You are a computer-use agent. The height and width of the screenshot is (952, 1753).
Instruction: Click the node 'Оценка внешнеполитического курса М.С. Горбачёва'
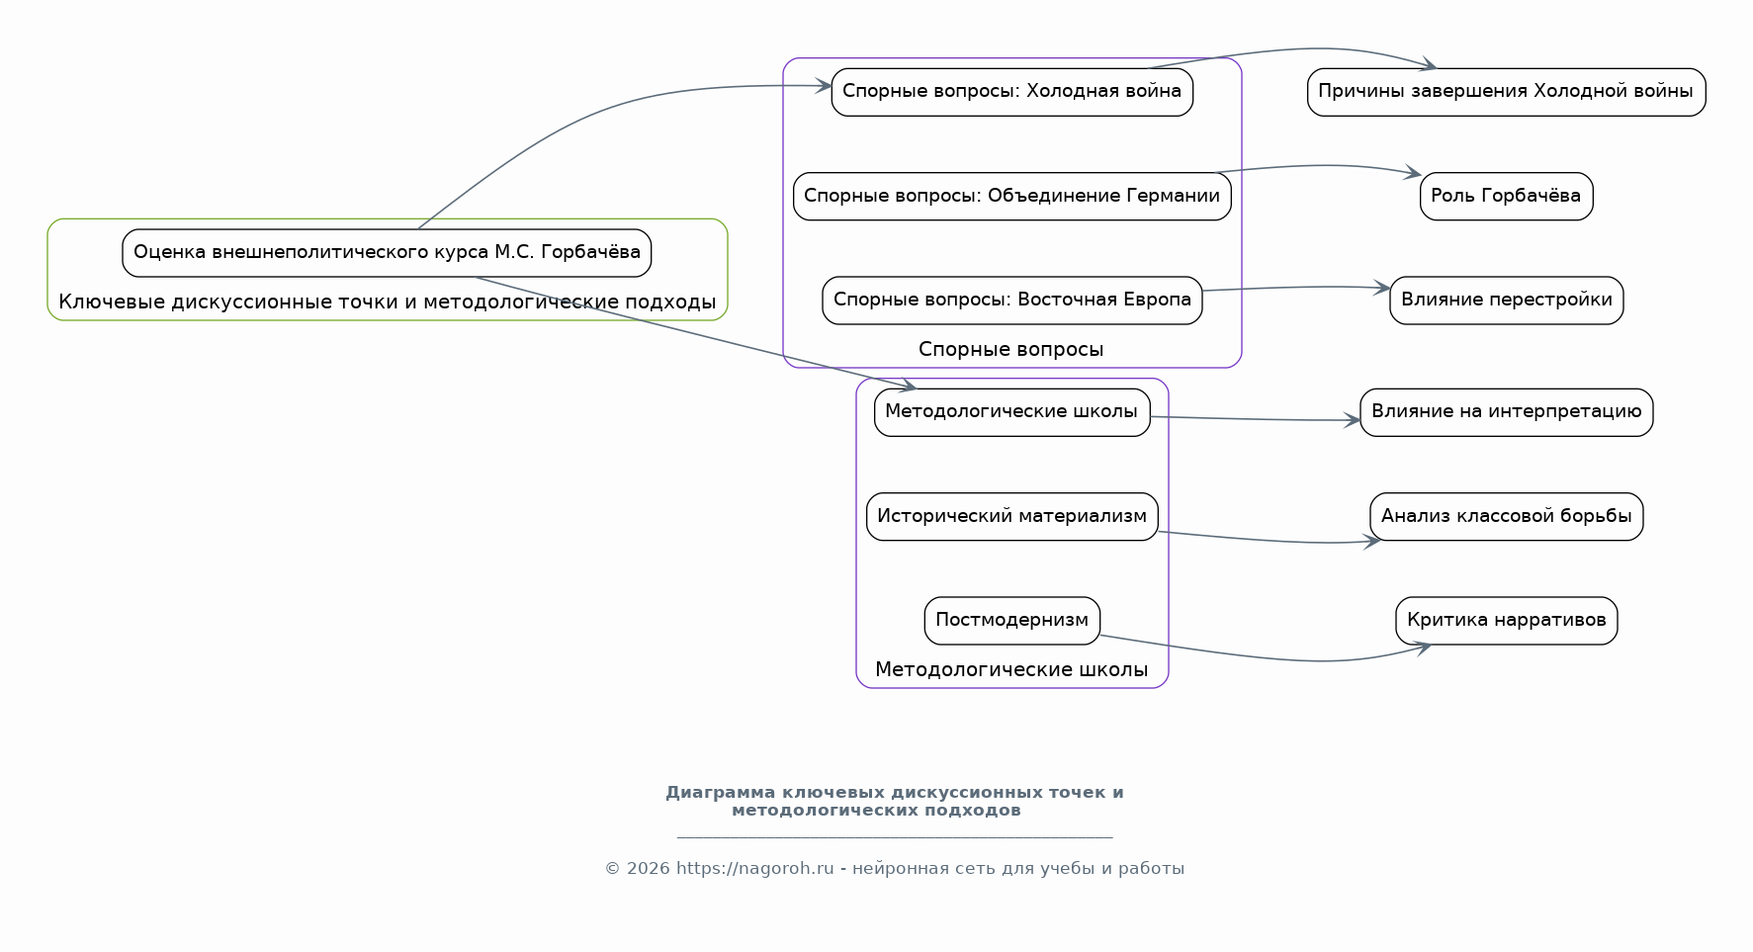(387, 253)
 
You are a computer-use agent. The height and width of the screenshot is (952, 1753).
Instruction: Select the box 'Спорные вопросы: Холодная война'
(1011, 92)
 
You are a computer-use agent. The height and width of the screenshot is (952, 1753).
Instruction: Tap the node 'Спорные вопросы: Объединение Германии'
(1011, 196)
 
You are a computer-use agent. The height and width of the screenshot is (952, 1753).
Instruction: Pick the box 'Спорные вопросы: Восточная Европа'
(1011, 301)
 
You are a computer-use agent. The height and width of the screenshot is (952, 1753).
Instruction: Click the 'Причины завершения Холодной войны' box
(1506, 92)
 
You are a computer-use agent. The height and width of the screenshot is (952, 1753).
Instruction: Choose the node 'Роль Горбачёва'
(1506, 196)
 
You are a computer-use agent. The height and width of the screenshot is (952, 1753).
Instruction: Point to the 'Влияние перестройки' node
(1506, 301)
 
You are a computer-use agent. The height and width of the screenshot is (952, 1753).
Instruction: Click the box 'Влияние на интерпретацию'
(1506, 412)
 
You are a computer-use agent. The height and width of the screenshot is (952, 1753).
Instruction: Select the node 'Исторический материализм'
(1011, 516)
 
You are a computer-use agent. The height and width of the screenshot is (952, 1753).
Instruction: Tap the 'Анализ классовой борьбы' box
(1506, 516)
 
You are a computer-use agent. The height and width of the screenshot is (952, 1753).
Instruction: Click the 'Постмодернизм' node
(1011, 621)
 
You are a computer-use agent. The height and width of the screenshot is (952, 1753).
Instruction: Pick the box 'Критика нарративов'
(1506, 621)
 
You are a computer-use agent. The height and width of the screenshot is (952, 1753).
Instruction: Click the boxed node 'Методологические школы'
(1011, 412)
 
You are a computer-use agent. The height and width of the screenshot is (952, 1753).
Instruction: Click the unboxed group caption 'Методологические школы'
(1011, 670)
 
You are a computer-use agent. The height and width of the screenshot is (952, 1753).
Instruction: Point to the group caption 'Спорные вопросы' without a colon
(1011, 350)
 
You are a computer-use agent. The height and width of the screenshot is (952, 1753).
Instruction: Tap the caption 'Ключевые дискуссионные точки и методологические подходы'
(387, 303)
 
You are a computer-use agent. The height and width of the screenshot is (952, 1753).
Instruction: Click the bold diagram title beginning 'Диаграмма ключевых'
(894, 802)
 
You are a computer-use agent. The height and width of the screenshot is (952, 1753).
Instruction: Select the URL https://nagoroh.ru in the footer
(754, 869)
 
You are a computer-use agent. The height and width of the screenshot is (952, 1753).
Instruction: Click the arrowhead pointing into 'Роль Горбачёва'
(1413, 174)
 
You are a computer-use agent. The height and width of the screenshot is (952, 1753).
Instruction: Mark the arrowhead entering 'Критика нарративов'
(1423, 648)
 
